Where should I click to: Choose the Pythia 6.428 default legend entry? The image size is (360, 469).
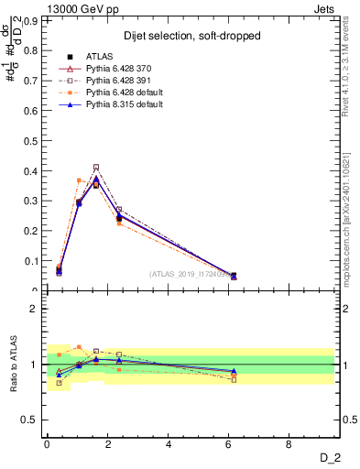[x=124, y=93]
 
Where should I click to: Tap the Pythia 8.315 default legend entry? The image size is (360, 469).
[x=124, y=104]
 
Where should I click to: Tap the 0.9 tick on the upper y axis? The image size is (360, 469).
[x=33, y=19]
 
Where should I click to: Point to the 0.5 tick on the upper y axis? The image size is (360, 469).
[x=33, y=140]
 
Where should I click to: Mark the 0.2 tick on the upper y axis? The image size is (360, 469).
[x=33, y=231]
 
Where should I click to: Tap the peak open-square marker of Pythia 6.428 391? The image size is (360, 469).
[x=96, y=167]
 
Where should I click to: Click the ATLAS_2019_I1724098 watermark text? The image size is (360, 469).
[x=190, y=274]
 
